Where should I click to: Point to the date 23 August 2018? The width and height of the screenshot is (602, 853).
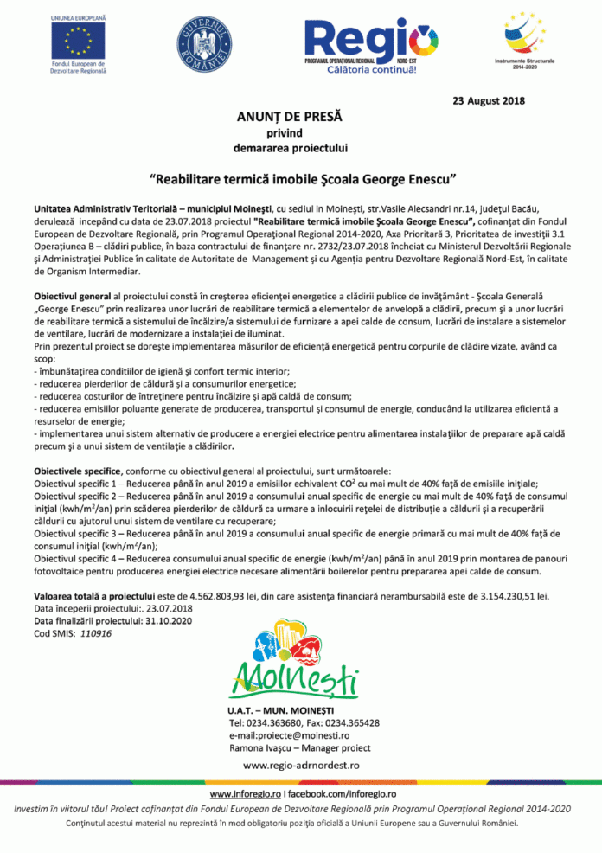[x=489, y=102]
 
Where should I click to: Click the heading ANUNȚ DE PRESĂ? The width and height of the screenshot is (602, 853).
[x=290, y=116]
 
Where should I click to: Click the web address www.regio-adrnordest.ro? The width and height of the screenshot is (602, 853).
[x=301, y=766]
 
